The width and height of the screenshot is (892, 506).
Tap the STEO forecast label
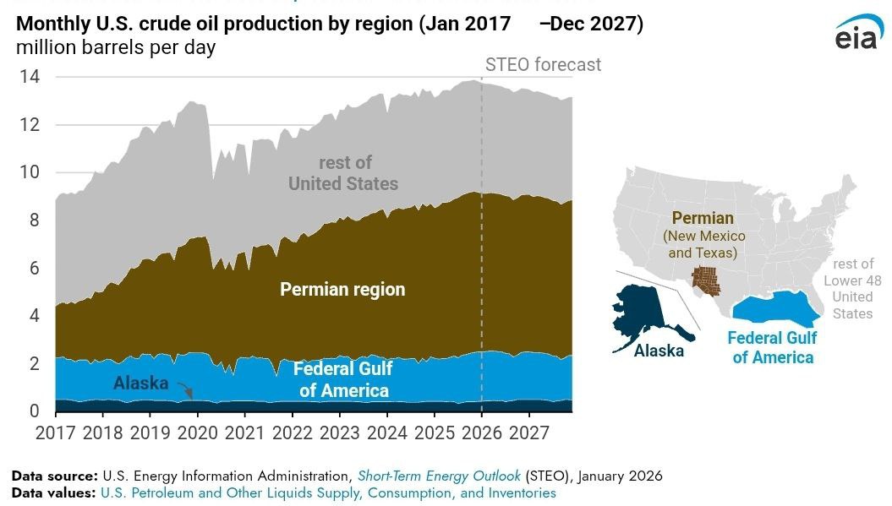pos(543,65)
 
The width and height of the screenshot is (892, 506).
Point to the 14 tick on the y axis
pos(30,77)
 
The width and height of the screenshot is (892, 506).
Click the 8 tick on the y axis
pos(35,220)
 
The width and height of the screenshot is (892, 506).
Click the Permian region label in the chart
pos(342,290)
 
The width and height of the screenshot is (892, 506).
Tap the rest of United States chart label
pos(343,173)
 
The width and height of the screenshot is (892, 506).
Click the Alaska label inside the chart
pos(140,384)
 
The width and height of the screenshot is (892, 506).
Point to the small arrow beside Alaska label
pos(185,390)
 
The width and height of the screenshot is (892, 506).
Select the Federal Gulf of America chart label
pos(342,379)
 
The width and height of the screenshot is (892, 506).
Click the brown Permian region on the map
pos(705,282)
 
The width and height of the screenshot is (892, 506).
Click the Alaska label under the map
pos(659,351)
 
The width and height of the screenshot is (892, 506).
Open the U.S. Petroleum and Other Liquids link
pos(328,492)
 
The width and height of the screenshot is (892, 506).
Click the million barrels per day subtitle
pos(116,47)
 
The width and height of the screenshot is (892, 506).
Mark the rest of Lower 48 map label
pos(851,289)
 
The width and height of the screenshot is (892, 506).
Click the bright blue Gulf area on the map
pos(774,309)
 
